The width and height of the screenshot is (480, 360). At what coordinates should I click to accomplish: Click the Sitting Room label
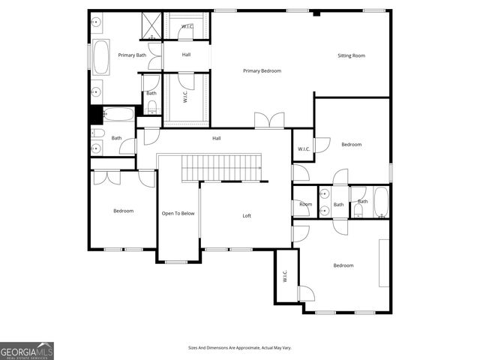click(x=351, y=55)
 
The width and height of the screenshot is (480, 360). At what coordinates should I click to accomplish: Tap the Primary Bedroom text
click(x=262, y=70)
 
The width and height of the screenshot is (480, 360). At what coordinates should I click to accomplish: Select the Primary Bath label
click(x=132, y=55)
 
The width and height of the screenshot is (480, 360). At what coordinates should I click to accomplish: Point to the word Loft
click(x=247, y=216)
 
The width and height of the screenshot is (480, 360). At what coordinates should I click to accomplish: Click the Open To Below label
click(x=178, y=214)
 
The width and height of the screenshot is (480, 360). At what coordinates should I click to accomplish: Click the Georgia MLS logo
click(x=27, y=350)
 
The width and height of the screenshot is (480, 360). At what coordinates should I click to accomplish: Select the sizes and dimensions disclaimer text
click(x=239, y=348)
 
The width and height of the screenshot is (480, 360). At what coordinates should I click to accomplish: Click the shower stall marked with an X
click(x=151, y=26)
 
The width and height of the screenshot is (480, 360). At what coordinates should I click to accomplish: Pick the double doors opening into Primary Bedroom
click(x=268, y=120)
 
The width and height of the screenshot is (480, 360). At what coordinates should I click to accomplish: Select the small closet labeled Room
click(x=305, y=204)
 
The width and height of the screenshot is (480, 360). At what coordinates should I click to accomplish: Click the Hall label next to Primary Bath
click(x=186, y=55)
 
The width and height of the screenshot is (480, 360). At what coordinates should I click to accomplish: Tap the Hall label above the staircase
click(x=216, y=138)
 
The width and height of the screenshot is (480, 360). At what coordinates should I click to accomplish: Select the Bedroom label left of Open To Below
click(x=123, y=211)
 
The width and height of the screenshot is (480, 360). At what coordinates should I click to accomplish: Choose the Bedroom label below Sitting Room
click(x=351, y=144)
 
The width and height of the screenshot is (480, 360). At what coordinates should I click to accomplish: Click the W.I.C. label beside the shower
click(x=187, y=27)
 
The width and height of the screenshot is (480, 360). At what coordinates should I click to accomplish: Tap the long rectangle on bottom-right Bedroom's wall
click(x=384, y=262)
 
